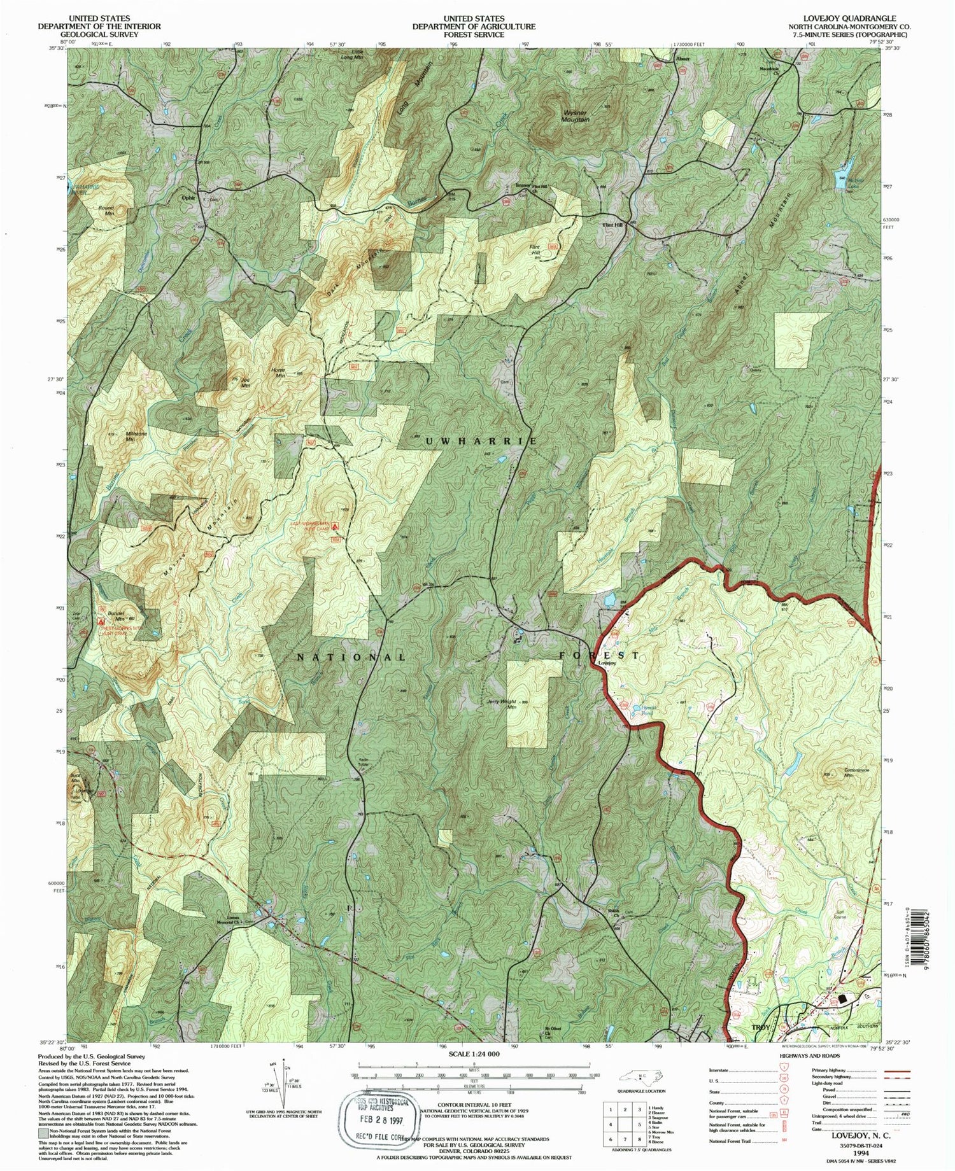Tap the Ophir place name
188,197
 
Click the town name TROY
761,1028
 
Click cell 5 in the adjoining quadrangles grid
639,1125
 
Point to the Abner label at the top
682,59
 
